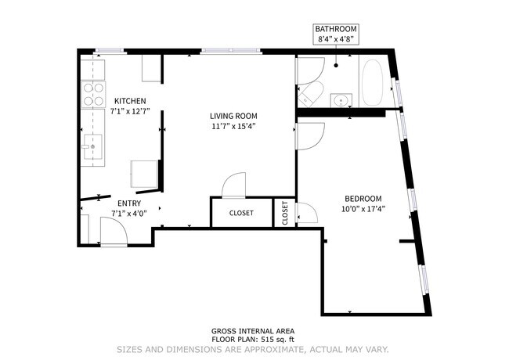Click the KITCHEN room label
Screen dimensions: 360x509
pos(129,101)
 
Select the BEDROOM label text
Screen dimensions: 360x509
pos(363,198)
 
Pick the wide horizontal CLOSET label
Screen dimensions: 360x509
pos(241,212)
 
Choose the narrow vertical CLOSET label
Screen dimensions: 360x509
pos(284,213)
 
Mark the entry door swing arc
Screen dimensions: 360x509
pos(114,232)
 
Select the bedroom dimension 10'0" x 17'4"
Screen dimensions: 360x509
pos(363,208)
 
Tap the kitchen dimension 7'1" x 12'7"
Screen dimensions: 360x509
pos(129,111)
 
